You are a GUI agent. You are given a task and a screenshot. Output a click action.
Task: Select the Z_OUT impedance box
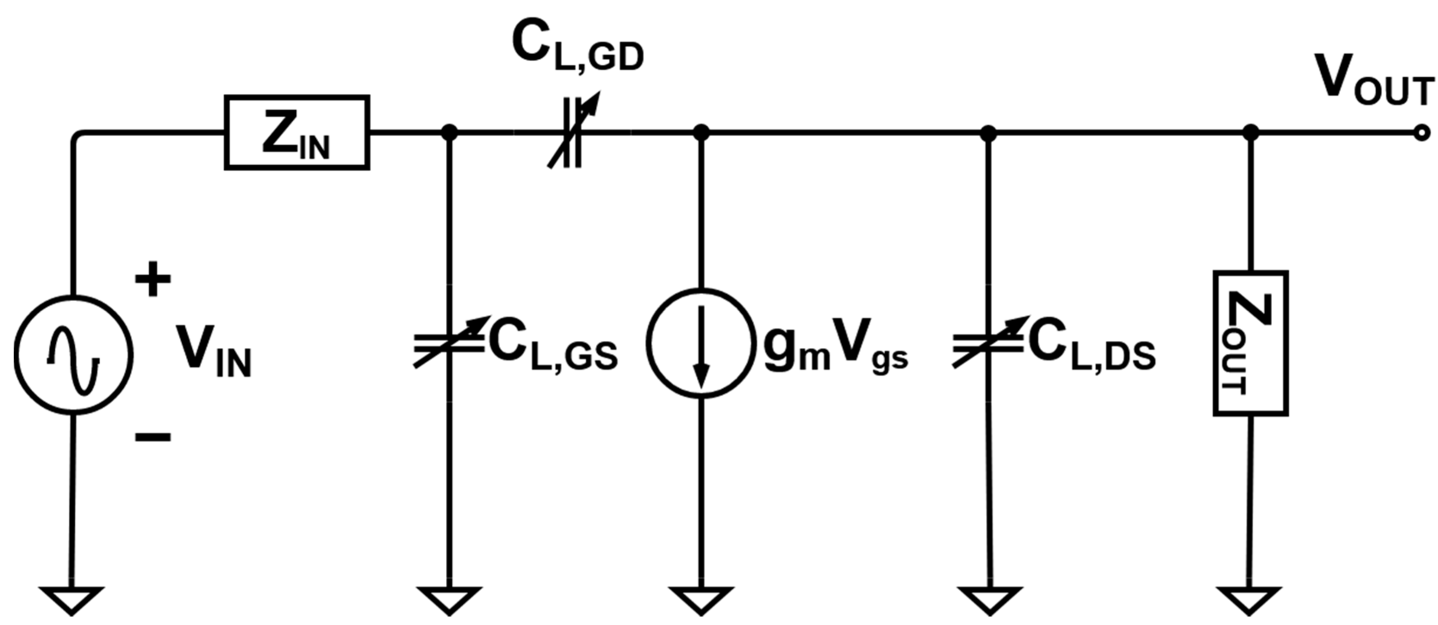pos(1250,343)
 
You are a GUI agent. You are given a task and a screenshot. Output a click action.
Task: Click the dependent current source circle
pos(701,343)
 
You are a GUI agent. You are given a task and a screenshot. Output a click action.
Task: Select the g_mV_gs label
pos(835,352)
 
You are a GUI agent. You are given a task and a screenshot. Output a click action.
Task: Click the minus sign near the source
pos(152,437)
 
